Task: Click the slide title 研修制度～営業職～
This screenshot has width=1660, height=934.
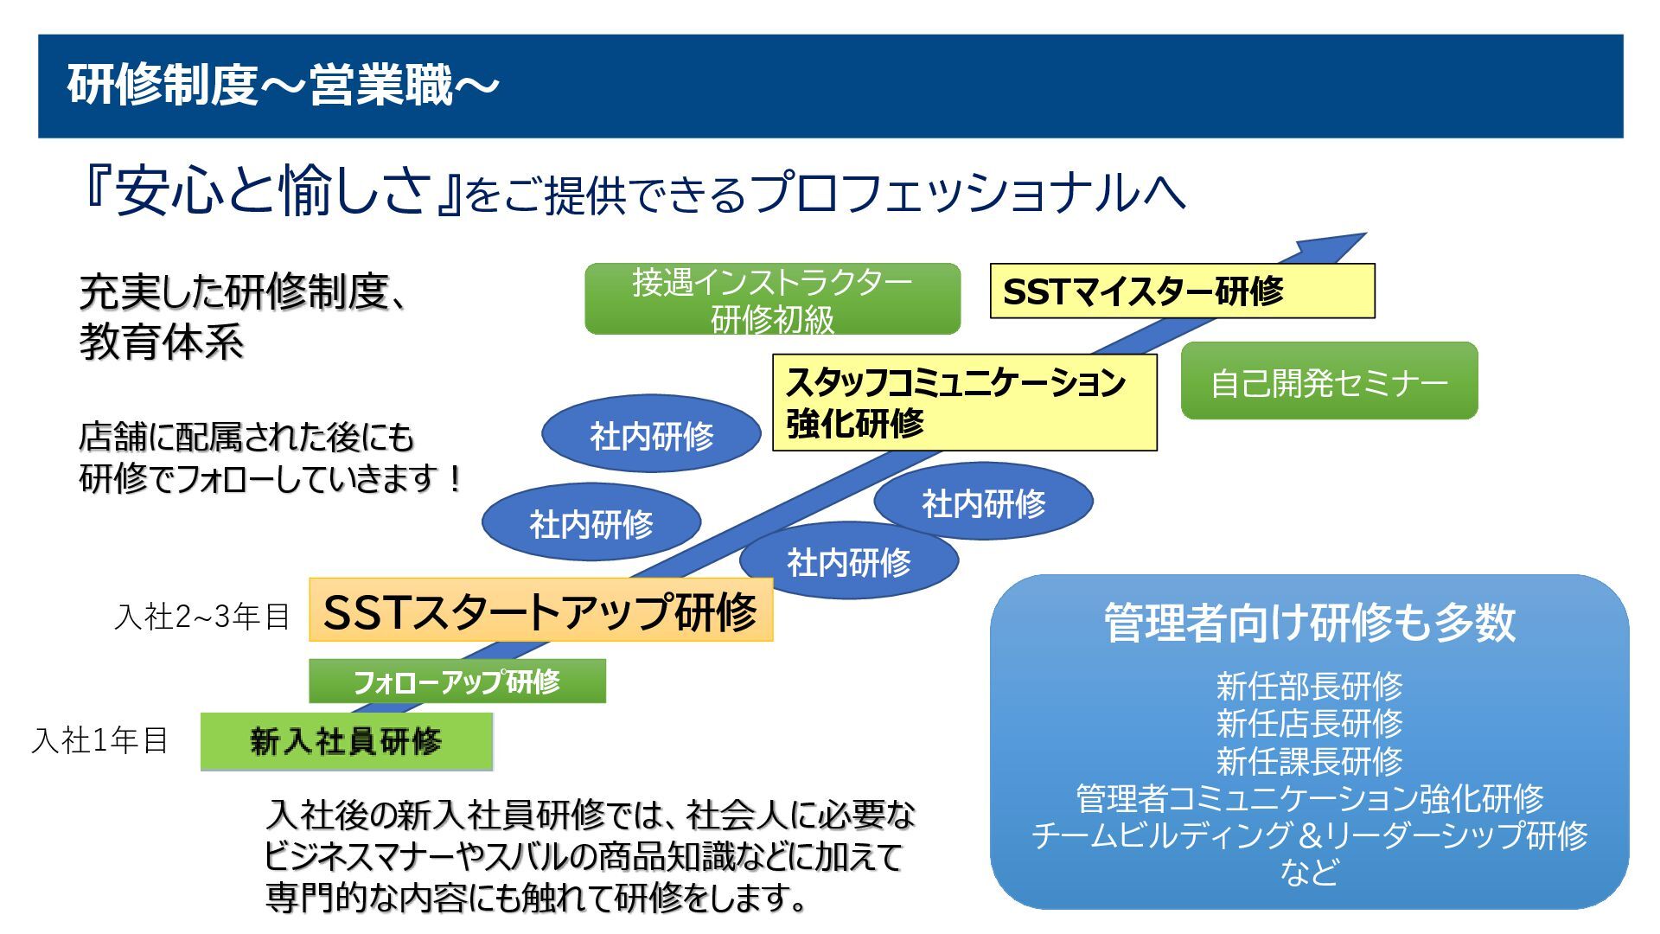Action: (284, 86)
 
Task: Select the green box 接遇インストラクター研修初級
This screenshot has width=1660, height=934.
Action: (772, 299)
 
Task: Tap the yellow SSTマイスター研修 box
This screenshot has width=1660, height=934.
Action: (1181, 291)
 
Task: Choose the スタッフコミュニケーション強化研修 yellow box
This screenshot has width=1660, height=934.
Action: (964, 402)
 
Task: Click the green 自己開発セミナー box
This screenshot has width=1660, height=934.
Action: (1329, 381)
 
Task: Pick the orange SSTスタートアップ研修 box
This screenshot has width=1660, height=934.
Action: (540, 611)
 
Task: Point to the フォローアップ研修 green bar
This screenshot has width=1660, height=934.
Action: (457, 681)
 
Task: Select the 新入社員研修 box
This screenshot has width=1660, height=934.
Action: (346, 741)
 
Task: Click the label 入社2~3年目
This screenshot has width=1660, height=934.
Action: (202, 617)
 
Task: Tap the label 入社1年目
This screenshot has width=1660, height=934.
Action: (99, 740)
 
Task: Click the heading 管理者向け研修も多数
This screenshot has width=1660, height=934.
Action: (1309, 622)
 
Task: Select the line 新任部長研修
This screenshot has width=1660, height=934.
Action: (1309, 687)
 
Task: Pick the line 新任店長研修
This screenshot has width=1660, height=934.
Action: (1309, 724)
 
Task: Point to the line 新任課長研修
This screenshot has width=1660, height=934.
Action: (1309, 761)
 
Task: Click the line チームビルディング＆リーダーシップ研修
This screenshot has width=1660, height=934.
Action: (1309, 835)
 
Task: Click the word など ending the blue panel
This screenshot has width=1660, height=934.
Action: (1309, 872)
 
